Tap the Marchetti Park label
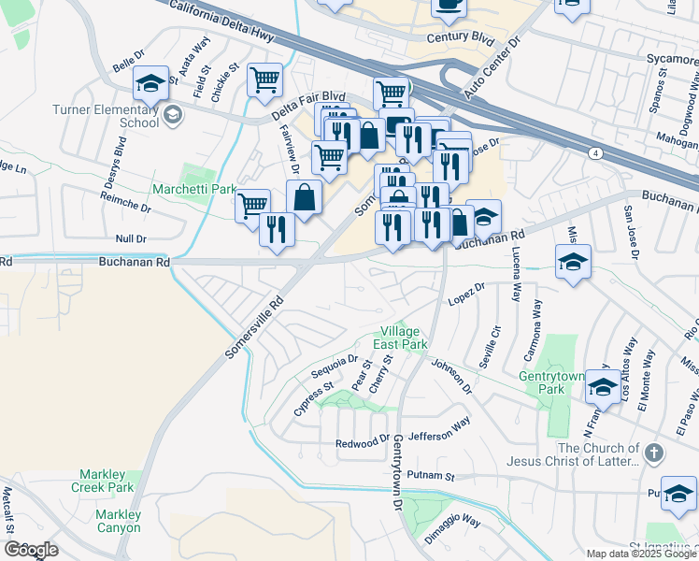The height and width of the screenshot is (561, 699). tap(193, 189)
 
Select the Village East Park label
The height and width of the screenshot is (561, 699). tap(401, 338)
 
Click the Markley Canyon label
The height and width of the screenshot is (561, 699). tap(119, 521)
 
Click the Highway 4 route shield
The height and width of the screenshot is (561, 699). tap(595, 152)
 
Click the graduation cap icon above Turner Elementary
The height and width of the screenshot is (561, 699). tap(150, 82)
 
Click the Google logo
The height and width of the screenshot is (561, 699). tap(31, 550)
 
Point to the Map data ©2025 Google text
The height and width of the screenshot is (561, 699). tap(640, 554)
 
